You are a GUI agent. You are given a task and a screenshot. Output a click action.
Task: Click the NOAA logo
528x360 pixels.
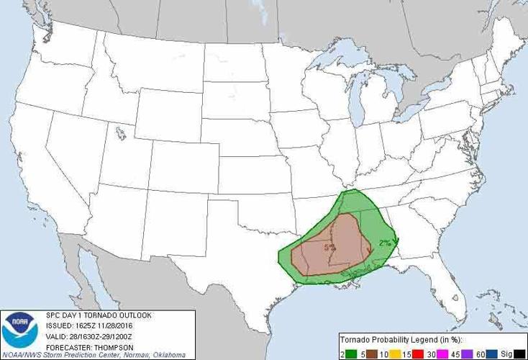[19, 332]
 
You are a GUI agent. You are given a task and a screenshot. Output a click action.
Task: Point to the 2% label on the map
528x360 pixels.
[385, 243]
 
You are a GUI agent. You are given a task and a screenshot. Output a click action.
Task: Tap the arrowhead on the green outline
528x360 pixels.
[396, 242]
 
